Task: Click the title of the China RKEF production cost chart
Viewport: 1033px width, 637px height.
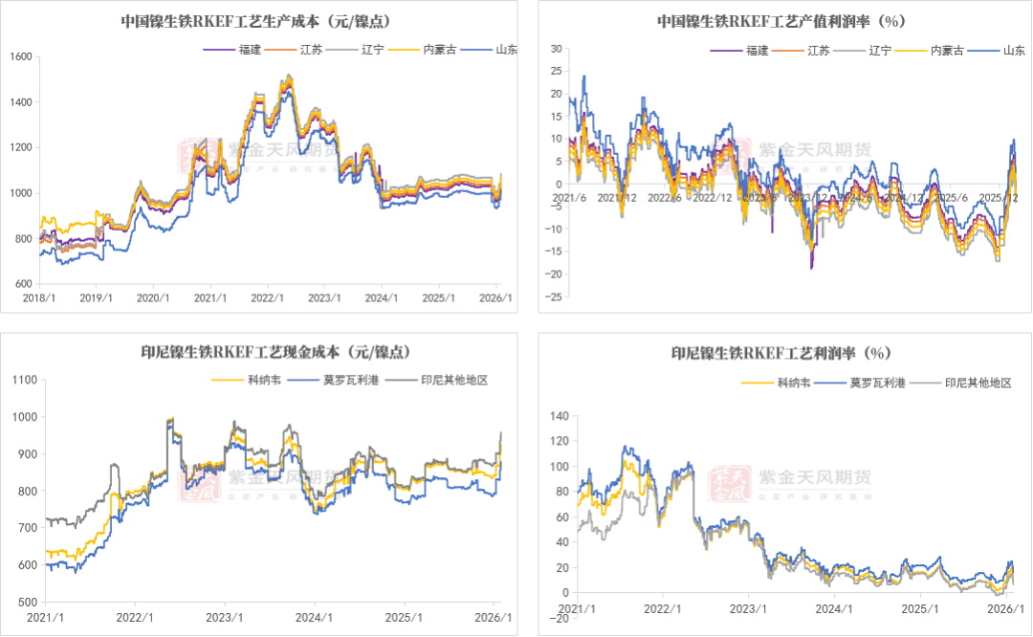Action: tap(260, 20)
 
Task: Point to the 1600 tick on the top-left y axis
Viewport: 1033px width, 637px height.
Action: tap(21, 57)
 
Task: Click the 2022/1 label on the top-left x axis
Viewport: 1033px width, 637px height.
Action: tap(267, 297)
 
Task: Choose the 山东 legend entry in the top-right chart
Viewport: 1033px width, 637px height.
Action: tap(1014, 50)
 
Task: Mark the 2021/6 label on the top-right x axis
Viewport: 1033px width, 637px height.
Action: tap(568, 198)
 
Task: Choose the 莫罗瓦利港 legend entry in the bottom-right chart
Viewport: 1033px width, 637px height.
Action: tap(883, 383)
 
